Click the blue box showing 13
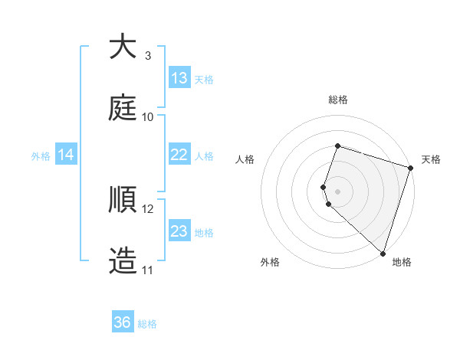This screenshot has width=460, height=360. pyautogui.click(x=179, y=78)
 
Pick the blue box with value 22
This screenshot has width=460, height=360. pyautogui.click(x=179, y=155)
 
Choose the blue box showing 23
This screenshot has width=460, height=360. pyautogui.click(x=179, y=231)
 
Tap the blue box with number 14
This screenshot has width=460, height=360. pyautogui.click(x=66, y=155)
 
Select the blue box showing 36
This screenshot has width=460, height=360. pyautogui.click(x=123, y=322)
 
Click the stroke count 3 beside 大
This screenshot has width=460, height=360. pyautogui.click(x=148, y=55)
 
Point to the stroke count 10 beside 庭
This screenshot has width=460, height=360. pyautogui.click(x=148, y=116)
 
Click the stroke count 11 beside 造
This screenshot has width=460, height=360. pyautogui.click(x=148, y=270)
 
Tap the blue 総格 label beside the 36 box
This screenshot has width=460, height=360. pyautogui.click(x=147, y=324)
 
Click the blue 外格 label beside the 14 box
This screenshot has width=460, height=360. pyautogui.click(x=41, y=156)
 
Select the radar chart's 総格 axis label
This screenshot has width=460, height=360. pyautogui.click(x=338, y=100)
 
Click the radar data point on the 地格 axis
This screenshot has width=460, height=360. pyautogui.click(x=383, y=253)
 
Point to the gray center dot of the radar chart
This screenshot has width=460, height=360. pyautogui.click(x=338, y=191)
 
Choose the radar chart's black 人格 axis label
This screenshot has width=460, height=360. pyautogui.click(x=245, y=159)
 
